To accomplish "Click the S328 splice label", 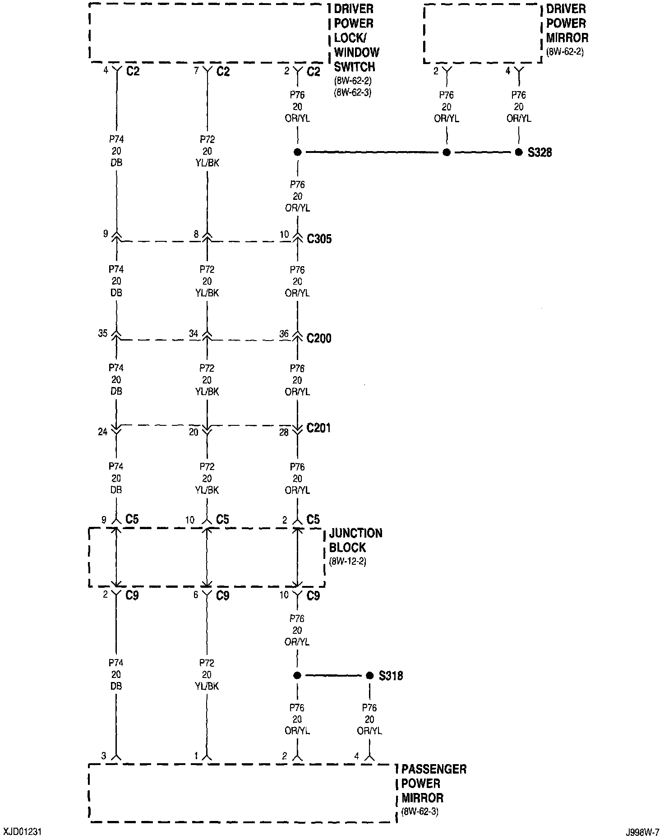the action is tap(539, 152).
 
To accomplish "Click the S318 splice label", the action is tap(391, 676).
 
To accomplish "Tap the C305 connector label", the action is tap(319, 239).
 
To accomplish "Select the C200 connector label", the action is tap(319, 338).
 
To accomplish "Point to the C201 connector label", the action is tap(318, 428).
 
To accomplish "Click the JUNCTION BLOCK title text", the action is tap(355, 540).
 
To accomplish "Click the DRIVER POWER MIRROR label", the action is tap(567, 23).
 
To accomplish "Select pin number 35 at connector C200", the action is tap(103, 333).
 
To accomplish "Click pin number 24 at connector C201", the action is tap(103, 432).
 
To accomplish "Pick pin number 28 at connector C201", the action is tap(284, 432).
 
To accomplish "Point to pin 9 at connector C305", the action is tap(106, 234).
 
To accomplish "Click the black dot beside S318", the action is tap(370, 675).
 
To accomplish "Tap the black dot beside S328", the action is tap(519, 152).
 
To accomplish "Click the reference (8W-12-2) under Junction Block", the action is tap(347, 562).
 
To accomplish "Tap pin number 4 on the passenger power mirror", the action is tap(356, 756).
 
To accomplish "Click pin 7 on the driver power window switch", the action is tap(197, 70).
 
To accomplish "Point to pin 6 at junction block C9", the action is tap(196, 595).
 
